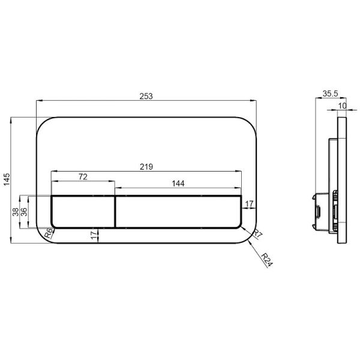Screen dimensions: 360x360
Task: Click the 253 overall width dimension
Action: [147, 96]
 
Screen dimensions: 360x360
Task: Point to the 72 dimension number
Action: [83, 176]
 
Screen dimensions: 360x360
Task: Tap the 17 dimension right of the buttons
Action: [250, 205]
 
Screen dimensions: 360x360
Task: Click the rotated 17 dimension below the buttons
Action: [93, 235]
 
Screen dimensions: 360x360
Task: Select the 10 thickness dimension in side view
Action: [341, 106]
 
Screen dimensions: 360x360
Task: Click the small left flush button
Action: [83, 211]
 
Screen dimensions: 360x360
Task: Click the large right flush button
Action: [178, 211]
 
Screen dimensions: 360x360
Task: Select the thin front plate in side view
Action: [342, 180]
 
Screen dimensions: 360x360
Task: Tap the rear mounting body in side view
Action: [331, 180]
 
